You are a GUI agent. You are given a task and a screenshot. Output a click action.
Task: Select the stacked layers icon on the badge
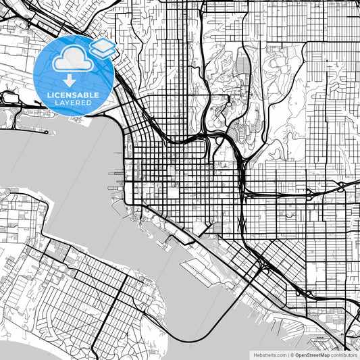[103, 48]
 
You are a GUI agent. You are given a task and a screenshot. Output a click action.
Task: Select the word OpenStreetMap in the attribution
[313, 354]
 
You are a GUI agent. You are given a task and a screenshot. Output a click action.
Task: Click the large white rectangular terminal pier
[199, 271]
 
